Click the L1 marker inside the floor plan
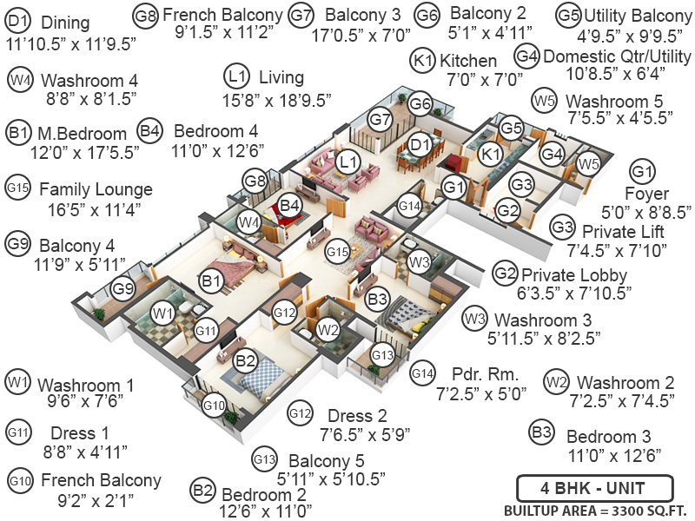[348, 162]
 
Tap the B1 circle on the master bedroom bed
[209, 281]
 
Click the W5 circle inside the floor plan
[587, 162]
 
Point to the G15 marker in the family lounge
[337, 252]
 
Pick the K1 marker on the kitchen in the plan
[490, 154]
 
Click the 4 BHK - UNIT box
[592, 487]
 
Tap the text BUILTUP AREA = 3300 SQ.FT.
[592, 510]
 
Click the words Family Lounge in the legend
[96, 189]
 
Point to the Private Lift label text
[625, 231]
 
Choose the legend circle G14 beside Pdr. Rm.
[421, 373]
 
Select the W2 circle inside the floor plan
[327, 329]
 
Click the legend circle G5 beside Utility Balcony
[569, 15]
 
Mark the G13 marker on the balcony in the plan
[382, 353]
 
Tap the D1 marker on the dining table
[420, 143]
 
